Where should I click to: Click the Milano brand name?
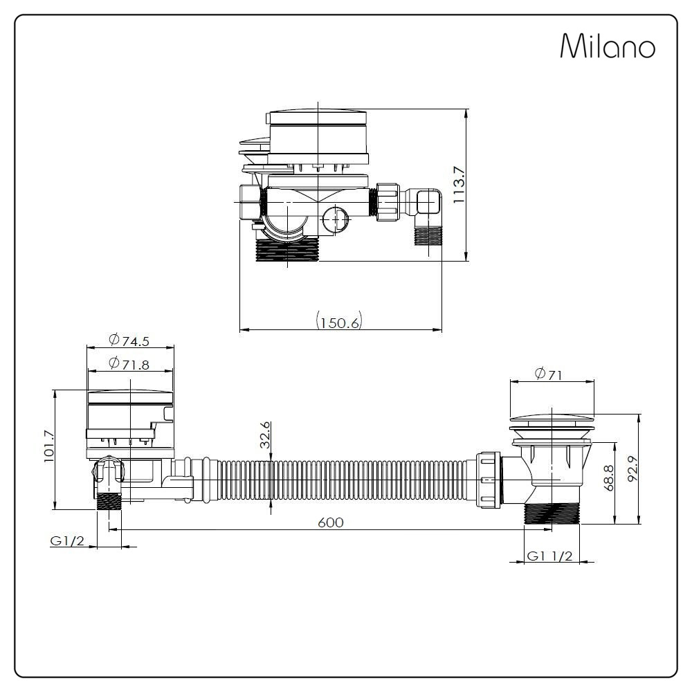pos(607,47)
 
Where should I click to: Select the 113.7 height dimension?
pos(458,185)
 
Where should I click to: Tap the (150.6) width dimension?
pos(339,322)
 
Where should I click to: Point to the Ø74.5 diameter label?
pos(129,340)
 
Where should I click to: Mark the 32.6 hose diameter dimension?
pos(265,435)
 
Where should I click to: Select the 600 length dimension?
pos(330,522)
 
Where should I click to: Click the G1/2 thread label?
pos(67,540)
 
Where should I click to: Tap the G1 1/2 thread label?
pos(549,556)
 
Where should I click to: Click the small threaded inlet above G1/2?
pos(109,500)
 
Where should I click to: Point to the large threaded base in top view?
pos(286,250)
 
